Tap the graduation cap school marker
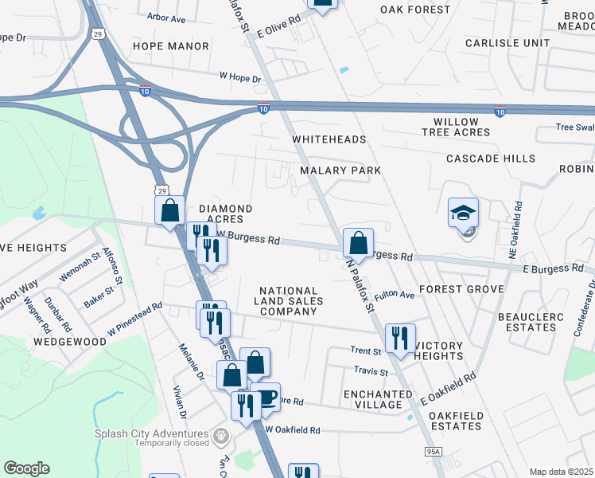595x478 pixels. coord(464,214)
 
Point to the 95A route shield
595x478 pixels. coord(433,452)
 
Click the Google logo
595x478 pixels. coord(26,468)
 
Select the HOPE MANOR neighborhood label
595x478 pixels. coord(171,46)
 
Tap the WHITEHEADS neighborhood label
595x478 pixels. coord(329,139)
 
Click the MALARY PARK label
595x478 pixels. coord(340,170)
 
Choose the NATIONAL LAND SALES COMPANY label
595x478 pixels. coord(289,301)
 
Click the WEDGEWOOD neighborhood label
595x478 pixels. coord(70,341)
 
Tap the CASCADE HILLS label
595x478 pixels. coord(491,159)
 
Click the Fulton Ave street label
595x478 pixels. coord(395,295)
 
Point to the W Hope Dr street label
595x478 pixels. coord(240,78)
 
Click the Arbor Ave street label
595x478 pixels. coord(167,16)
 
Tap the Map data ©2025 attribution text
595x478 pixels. coord(561,472)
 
